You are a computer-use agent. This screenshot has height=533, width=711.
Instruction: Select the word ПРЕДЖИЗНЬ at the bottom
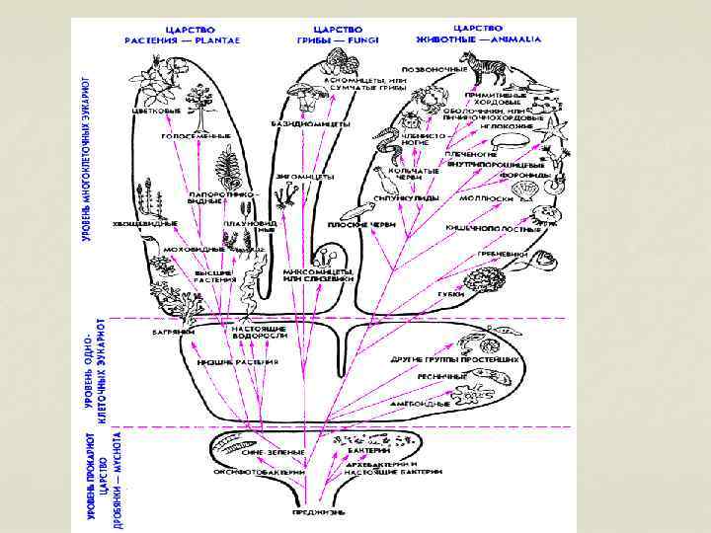click(318, 511)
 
